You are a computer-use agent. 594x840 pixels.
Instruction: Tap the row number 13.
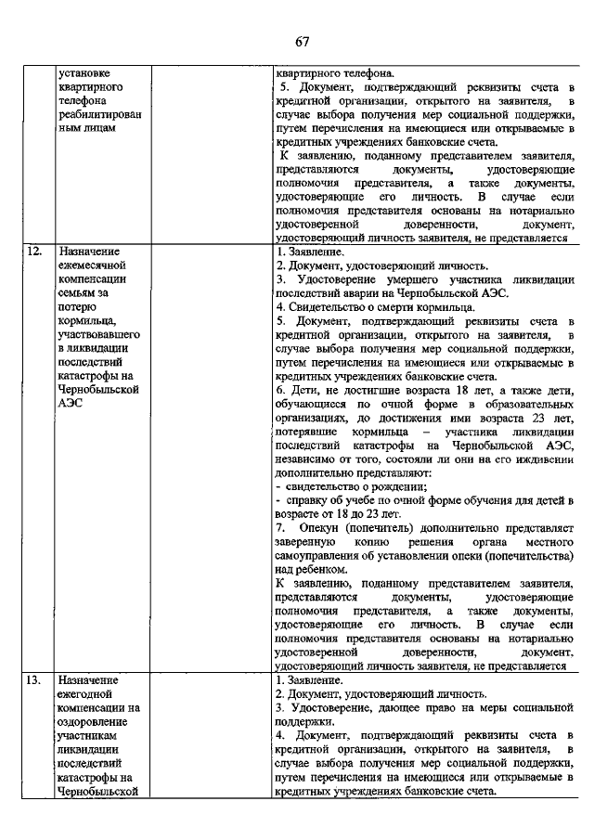click(33, 681)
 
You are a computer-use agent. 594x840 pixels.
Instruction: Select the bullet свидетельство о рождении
click(354, 486)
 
